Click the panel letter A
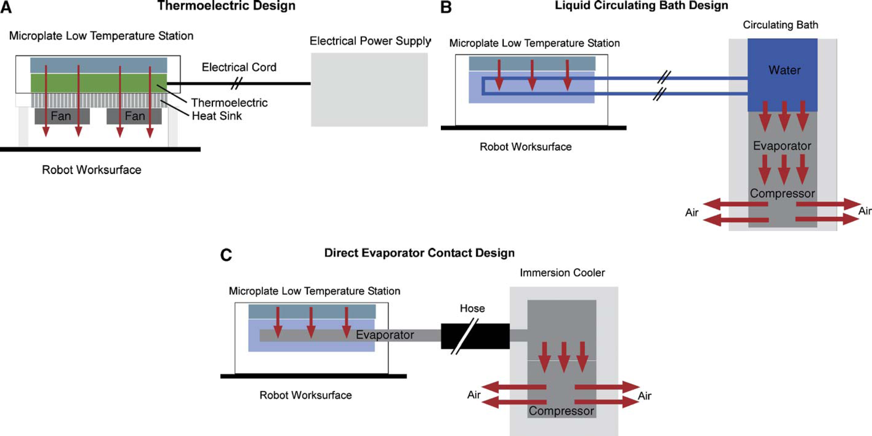pyautogui.click(x=6, y=7)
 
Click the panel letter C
pyautogui.click(x=226, y=255)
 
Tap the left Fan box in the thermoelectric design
pyautogui.click(x=62, y=116)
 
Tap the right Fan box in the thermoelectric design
pyautogui.click(x=134, y=116)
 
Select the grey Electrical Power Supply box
pyautogui.click(x=369, y=89)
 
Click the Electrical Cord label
pyautogui.click(x=239, y=67)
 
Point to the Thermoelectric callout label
pyautogui.click(x=229, y=102)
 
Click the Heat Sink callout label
pyautogui.click(x=217, y=116)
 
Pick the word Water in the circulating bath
pyautogui.click(x=784, y=70)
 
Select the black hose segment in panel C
pyautogui.click(x=475, y=336)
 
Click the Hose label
pyautogui.click(x=472, y=308)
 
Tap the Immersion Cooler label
pyautogui.click(x=562, y=273)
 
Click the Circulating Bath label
pyautogui.click(x=780, y=25)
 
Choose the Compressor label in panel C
pyautogui.click(x=561, y=411)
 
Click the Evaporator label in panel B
pyautogui.click(x=782, y=146)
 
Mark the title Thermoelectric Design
pyautogui.click(x=226, y=6)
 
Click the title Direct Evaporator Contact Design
pyautogui.click(x=419, y=253)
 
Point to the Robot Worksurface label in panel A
pyautogui.click(x=92, y=170)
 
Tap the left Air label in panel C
pyautogui.click(x=474, y=395)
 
